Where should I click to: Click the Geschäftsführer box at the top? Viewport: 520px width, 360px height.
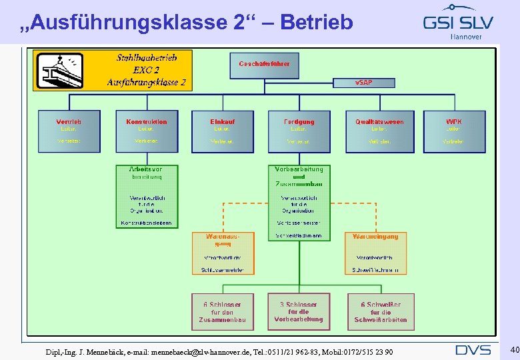coord(265,65)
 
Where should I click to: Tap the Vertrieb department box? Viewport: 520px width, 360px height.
coord(69,131)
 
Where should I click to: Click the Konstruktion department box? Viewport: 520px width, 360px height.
coord(147,131)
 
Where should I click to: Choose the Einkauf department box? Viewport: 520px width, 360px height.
coord(223,131)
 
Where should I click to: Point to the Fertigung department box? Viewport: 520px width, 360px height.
coord(299,131)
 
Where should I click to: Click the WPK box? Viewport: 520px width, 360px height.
coord(453,131)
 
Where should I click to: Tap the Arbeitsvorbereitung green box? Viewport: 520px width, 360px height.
coord(147,197)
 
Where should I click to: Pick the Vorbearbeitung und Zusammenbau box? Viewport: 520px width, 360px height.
coord(299,203)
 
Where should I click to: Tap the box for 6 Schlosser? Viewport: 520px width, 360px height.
coord(223,312)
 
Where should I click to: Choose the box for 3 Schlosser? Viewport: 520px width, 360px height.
coord(299,312)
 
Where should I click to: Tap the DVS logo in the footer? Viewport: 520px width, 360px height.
coord(473,350)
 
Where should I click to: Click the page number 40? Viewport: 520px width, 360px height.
coord(514,350)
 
